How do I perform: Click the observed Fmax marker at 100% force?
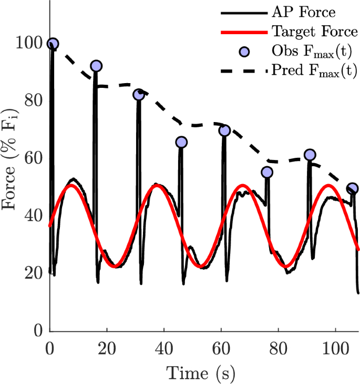coord(53,44)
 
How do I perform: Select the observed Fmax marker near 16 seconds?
coord(96,66)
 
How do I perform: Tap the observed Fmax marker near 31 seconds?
coord(139,94)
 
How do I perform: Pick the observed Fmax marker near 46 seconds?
coord(181,142)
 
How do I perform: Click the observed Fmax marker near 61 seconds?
coord(224,130)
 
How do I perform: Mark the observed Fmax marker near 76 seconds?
coord(267,172)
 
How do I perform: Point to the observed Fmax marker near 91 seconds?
coord(310,155)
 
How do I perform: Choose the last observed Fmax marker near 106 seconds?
coord(353,188)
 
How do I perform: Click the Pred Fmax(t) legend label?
coord(314,70)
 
